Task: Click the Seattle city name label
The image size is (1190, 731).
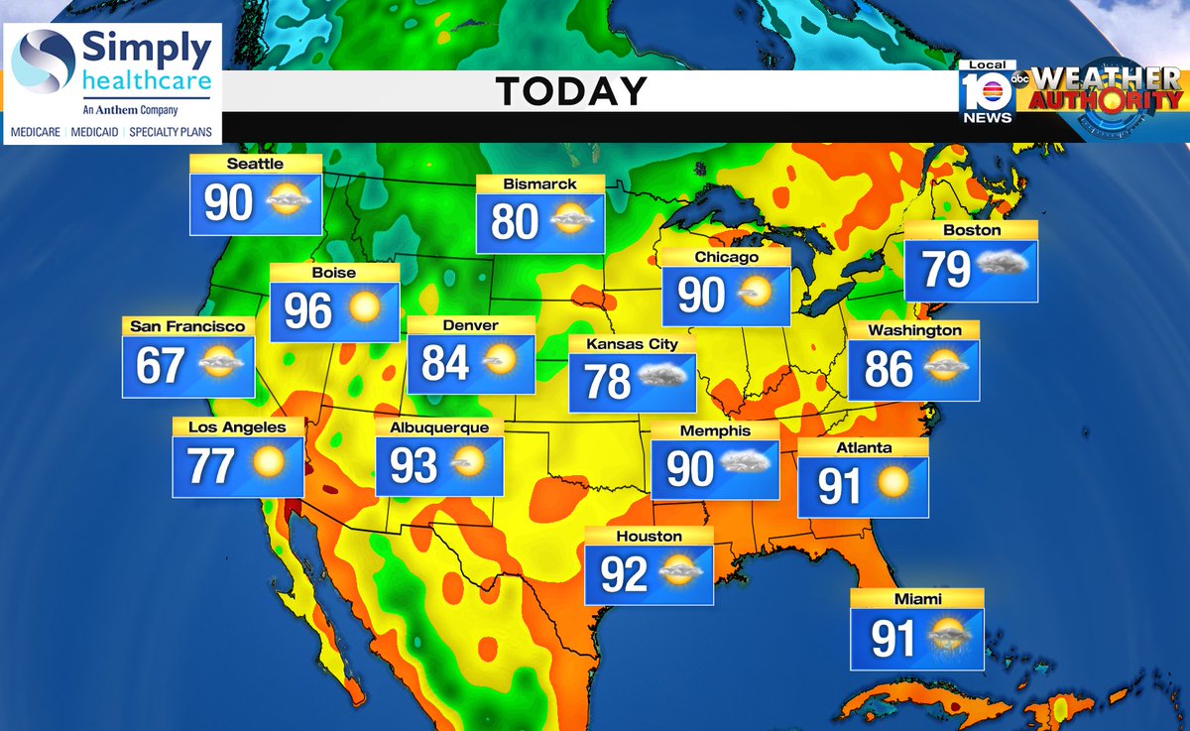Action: point(255,164)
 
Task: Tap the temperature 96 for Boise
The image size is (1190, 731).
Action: point(307,311)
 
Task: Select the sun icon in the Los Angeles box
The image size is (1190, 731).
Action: point(268,463)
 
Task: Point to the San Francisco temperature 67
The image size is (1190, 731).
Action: point(161,365)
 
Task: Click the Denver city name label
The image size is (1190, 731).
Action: point(471,325)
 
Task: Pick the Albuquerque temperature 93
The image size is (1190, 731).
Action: point(414,465)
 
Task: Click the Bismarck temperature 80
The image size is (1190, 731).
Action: point(514,221)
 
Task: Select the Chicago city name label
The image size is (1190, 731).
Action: point(726,257)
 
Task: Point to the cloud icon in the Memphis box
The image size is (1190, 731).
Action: point(746,462)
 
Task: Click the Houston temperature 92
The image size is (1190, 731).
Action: point(624,573)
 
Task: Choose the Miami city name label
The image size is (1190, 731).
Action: point(916,599)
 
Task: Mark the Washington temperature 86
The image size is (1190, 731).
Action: point(888,369)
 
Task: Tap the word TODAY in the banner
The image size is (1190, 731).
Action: point(571,91)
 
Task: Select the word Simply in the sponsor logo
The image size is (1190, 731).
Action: point(147,49)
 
